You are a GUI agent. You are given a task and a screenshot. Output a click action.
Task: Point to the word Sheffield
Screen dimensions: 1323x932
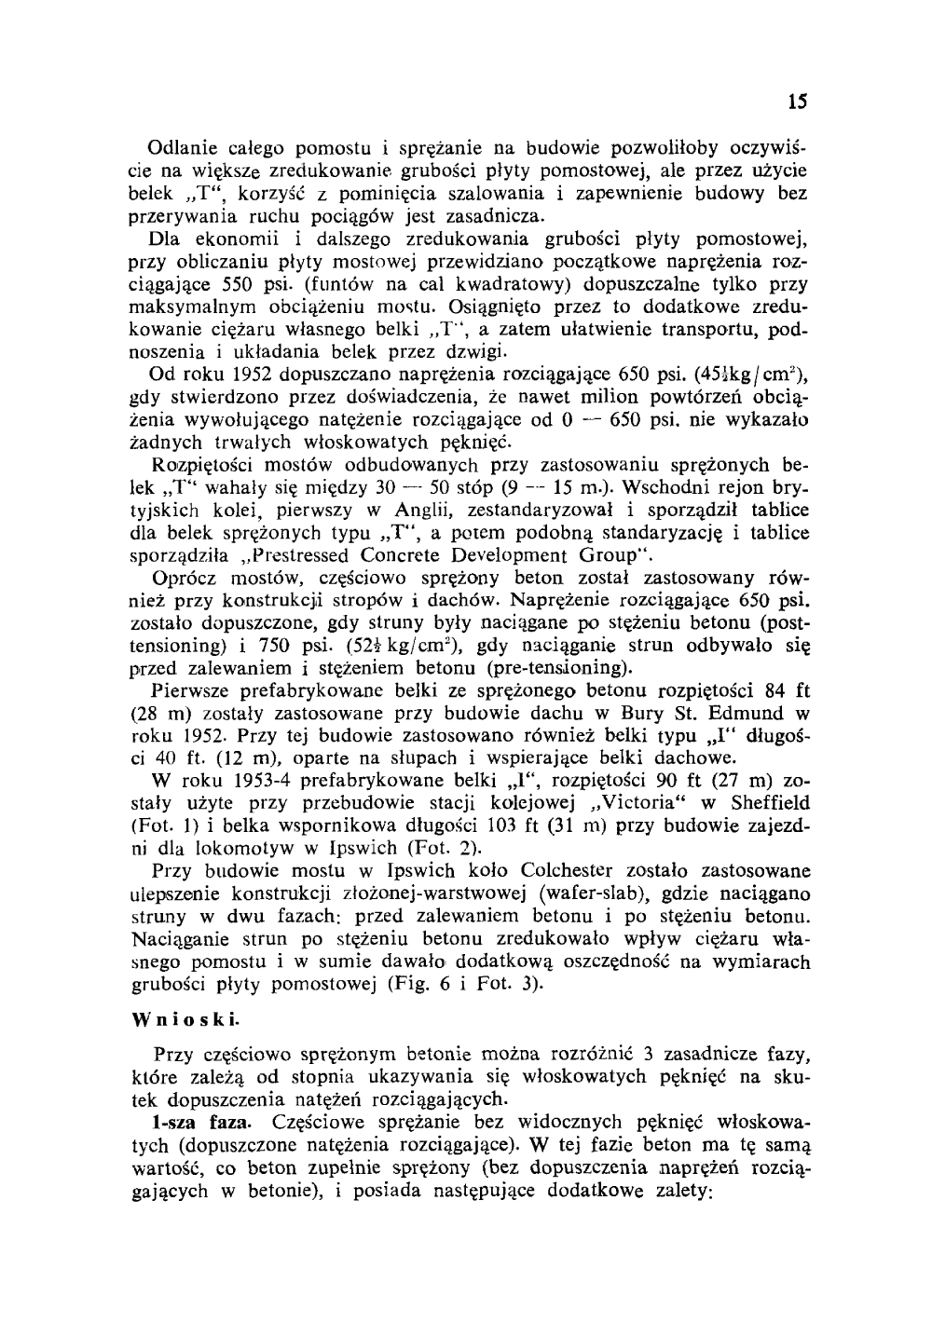[x=763, y=802]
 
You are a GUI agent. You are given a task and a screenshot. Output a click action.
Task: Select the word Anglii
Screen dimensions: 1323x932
[x=395, y=511]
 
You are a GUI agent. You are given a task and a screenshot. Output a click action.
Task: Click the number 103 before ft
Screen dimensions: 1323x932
[x=572, y=825]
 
